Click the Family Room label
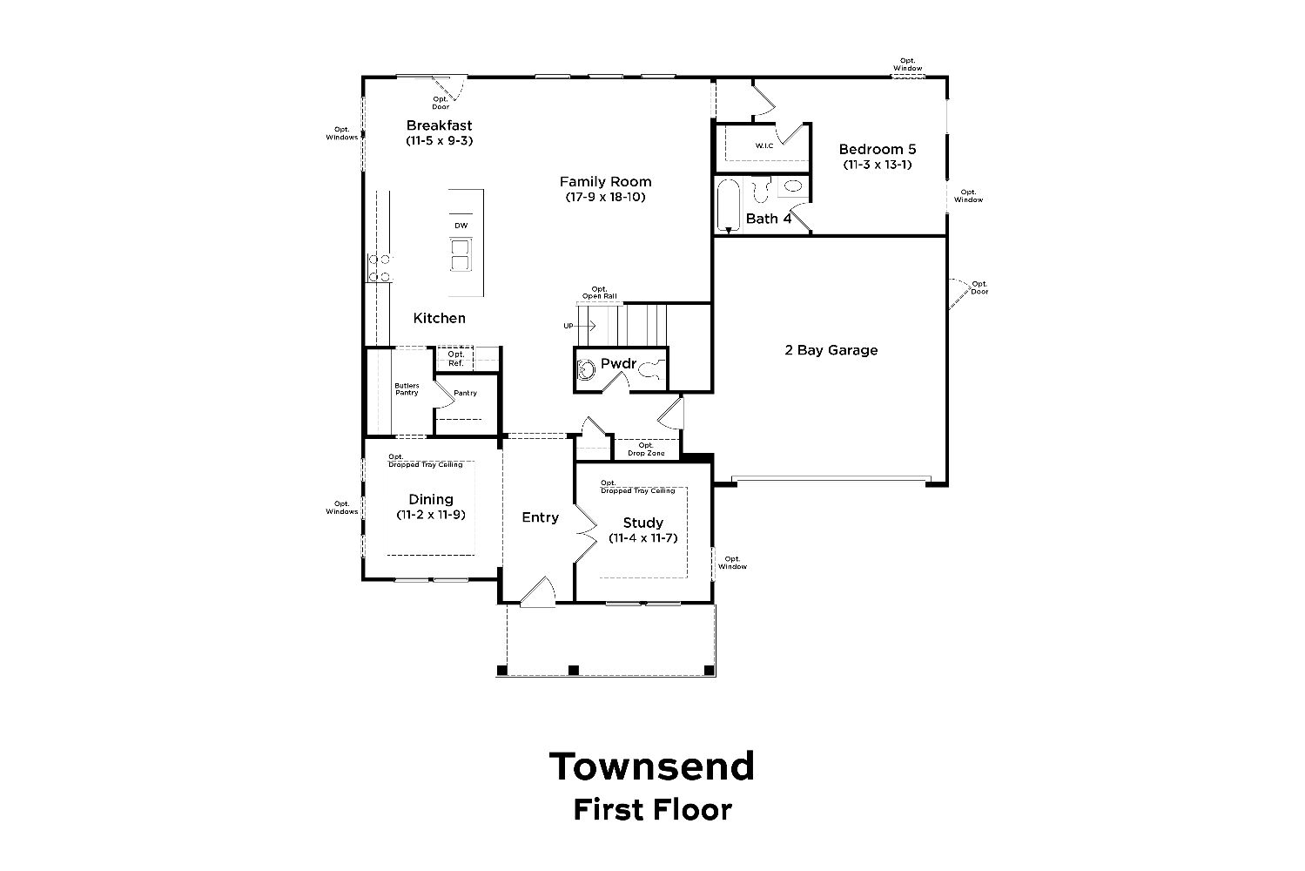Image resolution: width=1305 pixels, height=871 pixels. [605, 182]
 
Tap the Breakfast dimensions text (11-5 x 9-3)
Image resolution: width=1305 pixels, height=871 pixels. [440, 140]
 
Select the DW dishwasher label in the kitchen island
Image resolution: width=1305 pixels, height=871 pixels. [461, 226]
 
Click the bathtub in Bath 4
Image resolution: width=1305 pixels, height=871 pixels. [728, 206]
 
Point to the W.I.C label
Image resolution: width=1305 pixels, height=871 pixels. [764, 145]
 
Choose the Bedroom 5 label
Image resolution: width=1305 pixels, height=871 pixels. [878, 149]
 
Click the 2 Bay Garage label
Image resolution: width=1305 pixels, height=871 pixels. [831, 350]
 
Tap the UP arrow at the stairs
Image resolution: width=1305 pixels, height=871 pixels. [584, 326]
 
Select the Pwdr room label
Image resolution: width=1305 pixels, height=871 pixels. [618, 364]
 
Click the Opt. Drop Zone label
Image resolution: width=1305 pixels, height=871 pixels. [646, 449]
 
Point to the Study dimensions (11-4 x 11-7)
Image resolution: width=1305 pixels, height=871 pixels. [643, 538]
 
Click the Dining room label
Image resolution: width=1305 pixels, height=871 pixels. [431, 500]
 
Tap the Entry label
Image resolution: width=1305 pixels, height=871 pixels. [540, 517]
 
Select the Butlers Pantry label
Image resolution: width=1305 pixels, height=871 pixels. [407, 388]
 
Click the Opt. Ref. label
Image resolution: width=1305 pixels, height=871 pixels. [456, 359]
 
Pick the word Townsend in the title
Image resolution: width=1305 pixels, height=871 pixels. [652, 766]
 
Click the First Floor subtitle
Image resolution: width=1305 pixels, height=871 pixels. [653, 810]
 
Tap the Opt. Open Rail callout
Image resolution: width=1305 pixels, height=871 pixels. [600, 293]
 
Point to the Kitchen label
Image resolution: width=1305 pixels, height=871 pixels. [440, 318]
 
